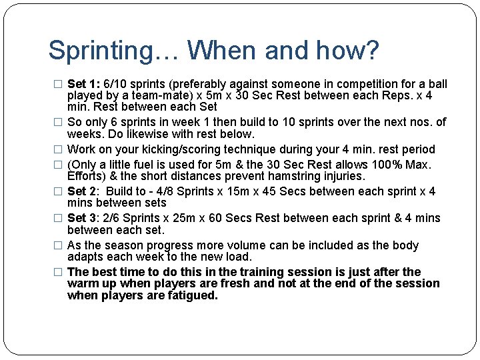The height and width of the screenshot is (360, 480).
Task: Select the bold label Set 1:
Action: tap(84, 84)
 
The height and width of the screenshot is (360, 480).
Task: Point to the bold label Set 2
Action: tap(83, 192)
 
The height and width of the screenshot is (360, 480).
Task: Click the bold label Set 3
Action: tap(83, 219)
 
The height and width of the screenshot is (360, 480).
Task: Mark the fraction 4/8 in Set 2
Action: tap(179, 192)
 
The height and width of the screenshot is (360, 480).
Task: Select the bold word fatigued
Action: tap(192, 295)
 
